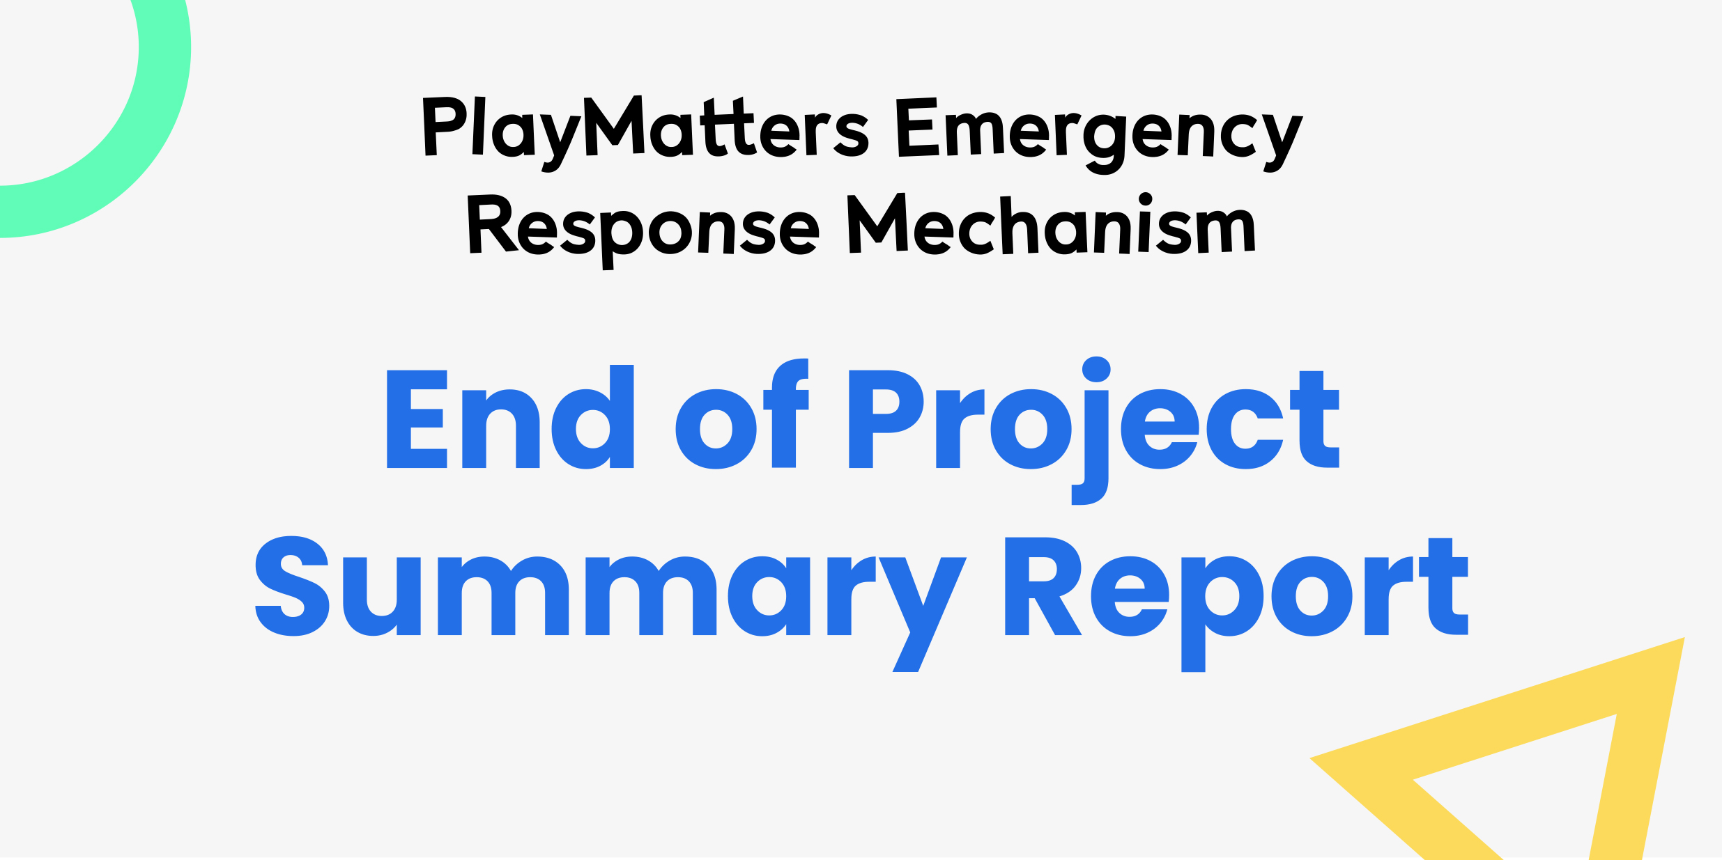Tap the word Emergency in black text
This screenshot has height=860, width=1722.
point(1099,132)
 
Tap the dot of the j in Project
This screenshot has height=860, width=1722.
point(1096,370)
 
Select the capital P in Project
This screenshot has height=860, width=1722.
point(884,419)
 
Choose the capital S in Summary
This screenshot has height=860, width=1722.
point(292,586)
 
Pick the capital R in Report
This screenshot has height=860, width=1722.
point(1042,586)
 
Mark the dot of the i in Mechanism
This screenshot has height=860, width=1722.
point(1145,198)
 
